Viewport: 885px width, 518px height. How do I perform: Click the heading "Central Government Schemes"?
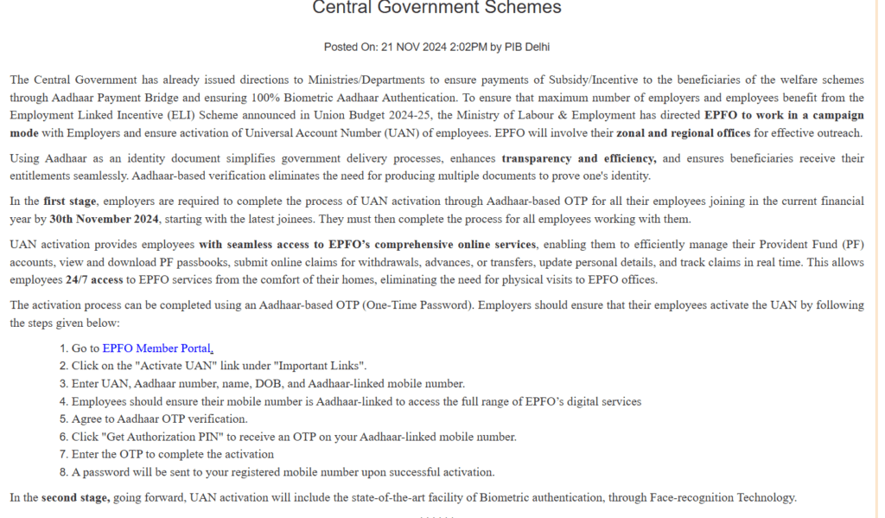pos(436,8)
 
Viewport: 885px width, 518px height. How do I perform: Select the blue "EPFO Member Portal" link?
pos(156,349)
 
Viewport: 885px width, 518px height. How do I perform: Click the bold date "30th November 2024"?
pos(99,219)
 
